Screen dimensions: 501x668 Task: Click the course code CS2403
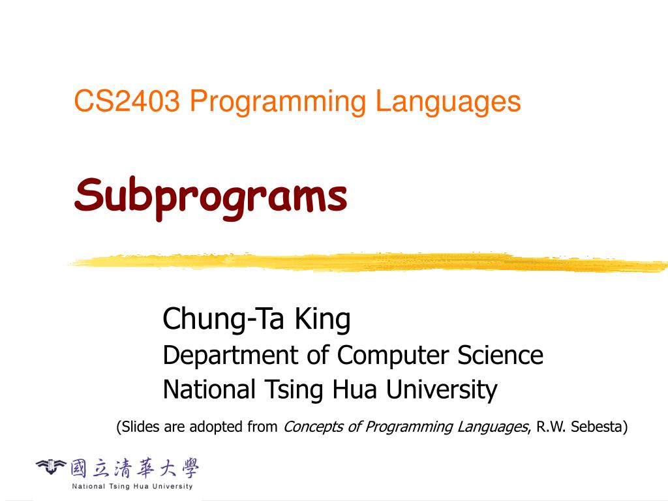click(127, 102)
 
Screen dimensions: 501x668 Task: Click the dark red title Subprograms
click(211, 196)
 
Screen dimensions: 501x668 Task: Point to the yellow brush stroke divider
click(365, 262)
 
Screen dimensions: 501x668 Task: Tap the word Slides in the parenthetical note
click(140, 427)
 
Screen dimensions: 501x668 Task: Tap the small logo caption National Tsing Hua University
click(132, 486)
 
